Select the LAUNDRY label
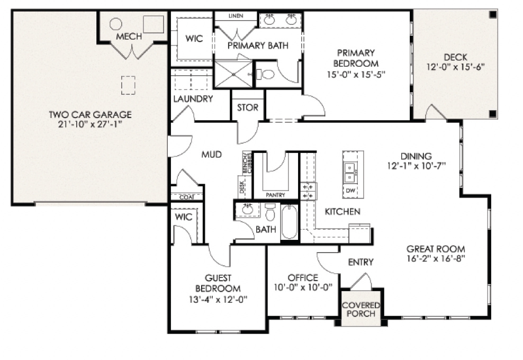[x=193, y=98]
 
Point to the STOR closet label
[x=248, y=108]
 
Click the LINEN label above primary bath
[x=236, y=16]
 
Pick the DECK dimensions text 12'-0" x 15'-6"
[x=457, y=67]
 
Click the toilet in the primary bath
[x=267, y=74]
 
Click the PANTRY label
[x=275, y=195]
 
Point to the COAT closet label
[x=186, y=197]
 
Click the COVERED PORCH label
[x=361, y=309]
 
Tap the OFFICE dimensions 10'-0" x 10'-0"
[x=303, y=287]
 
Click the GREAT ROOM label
[x=436, y=249]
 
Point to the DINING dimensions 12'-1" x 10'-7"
[x=416, y=165]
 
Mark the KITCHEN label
[x=342, y=211]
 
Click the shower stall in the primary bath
[x=233, y=74]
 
